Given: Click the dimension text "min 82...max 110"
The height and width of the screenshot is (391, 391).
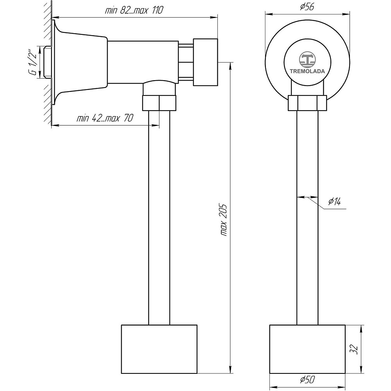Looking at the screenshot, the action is coord(134,10).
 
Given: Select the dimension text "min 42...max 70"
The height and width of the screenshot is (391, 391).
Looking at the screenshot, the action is coord(105,118).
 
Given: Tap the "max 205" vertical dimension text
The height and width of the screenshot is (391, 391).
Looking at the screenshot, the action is coord(224,220).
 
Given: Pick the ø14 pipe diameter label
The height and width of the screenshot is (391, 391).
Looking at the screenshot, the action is coord(334,201).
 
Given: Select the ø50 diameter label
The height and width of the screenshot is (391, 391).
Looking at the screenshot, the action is coord(307,380).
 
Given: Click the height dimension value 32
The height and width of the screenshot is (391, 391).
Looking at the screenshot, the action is coord(353,349).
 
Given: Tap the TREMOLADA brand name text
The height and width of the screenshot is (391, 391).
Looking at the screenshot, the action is coord(307,71).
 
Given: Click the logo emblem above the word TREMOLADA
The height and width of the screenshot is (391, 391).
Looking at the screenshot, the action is coord(307,59).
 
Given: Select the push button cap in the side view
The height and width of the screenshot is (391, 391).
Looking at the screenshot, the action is coord(206,62).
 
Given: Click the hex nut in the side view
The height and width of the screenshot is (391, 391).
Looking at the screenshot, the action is coord(160,103).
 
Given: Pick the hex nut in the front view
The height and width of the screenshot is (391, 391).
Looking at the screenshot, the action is coord(307,103).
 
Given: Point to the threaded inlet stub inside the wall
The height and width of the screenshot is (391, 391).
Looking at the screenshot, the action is coord(47,62).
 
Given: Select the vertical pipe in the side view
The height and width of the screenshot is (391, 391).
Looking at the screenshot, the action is coord(159,218).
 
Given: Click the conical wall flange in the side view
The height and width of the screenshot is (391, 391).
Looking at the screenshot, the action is coord(79,62).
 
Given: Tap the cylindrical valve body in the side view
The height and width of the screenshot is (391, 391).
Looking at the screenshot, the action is coord(143,62).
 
